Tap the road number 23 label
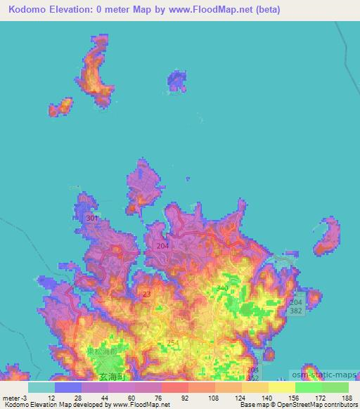tap(146, 295)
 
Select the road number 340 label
tap(223, 288)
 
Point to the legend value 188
tap(345, 398)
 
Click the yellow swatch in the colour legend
tap(282, 387)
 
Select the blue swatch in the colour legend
tap(67, 387)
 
